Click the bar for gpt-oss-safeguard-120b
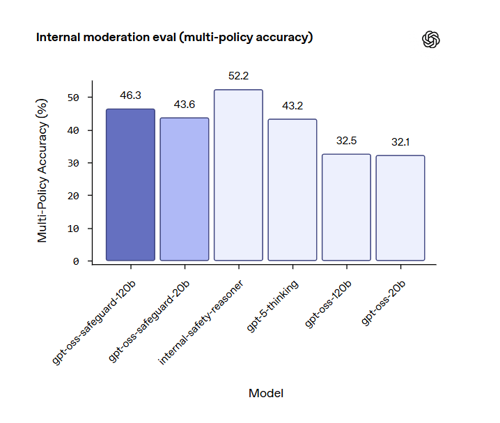130,185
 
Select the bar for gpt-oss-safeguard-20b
185,189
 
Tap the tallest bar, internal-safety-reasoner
238,175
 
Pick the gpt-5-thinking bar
292,190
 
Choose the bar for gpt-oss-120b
346,207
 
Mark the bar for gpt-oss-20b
400,208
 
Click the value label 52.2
238,76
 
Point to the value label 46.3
130,95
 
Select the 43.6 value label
185,104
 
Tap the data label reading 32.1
400,141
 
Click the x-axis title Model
265,393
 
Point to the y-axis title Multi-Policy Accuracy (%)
43,171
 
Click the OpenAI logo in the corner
432,40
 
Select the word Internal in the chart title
58,37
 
